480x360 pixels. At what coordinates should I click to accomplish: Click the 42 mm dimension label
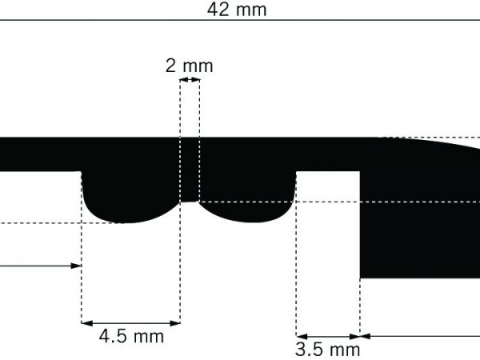tap(237, 10)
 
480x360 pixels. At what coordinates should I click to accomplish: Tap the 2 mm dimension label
tap(189, 66)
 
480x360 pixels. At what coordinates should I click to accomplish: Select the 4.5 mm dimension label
tap(131, 337)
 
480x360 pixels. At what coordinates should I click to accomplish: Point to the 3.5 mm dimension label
tap(327, 350)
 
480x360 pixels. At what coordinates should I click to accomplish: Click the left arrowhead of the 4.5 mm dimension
tap(87, 323)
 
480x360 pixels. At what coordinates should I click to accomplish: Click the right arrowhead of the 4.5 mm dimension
tap(174, 323)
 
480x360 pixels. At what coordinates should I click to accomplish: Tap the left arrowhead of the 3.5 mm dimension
tap(302, 337)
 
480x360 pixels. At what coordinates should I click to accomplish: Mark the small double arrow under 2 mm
tap(190, 80)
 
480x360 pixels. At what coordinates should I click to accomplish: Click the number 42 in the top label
tap(218, 10)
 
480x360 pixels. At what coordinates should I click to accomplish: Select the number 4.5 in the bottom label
tap(113, 337)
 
